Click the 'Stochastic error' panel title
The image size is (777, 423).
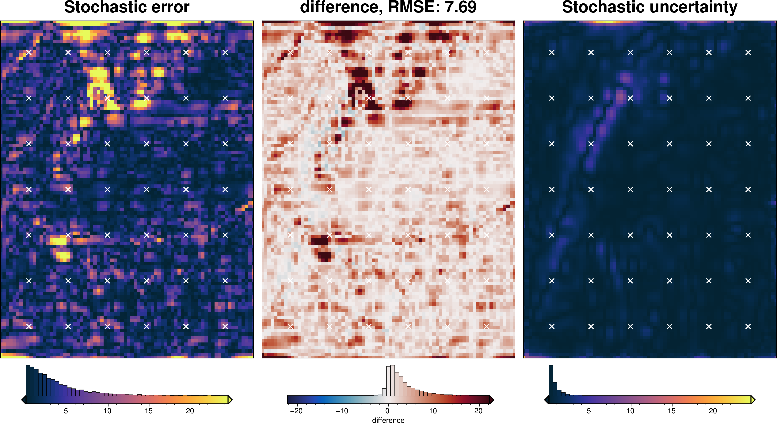(x=127, y=7)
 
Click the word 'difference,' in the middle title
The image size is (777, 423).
(x=341, y=7)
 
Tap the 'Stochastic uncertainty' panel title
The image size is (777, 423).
(x=650, y=7)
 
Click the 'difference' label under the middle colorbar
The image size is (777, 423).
(x=388, y=420)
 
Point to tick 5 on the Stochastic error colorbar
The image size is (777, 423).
(x=66, y=411)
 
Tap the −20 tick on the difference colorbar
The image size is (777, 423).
(x=296, y=411)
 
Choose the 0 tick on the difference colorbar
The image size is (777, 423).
(x=387, y=411)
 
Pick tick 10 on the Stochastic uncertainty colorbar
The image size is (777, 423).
(x=630, y=411)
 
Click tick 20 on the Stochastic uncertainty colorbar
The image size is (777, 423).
(x=713, y=411)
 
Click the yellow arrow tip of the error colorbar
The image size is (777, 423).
(x=230, y=400)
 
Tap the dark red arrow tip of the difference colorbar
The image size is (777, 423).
(x=492, y=400)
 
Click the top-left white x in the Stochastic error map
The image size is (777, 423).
(x=29, y=52)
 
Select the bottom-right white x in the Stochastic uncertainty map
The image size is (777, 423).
(x=748, y=326)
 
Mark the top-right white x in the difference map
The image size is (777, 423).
(x=486, y=52)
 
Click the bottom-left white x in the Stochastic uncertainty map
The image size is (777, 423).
(x=552, y=326)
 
